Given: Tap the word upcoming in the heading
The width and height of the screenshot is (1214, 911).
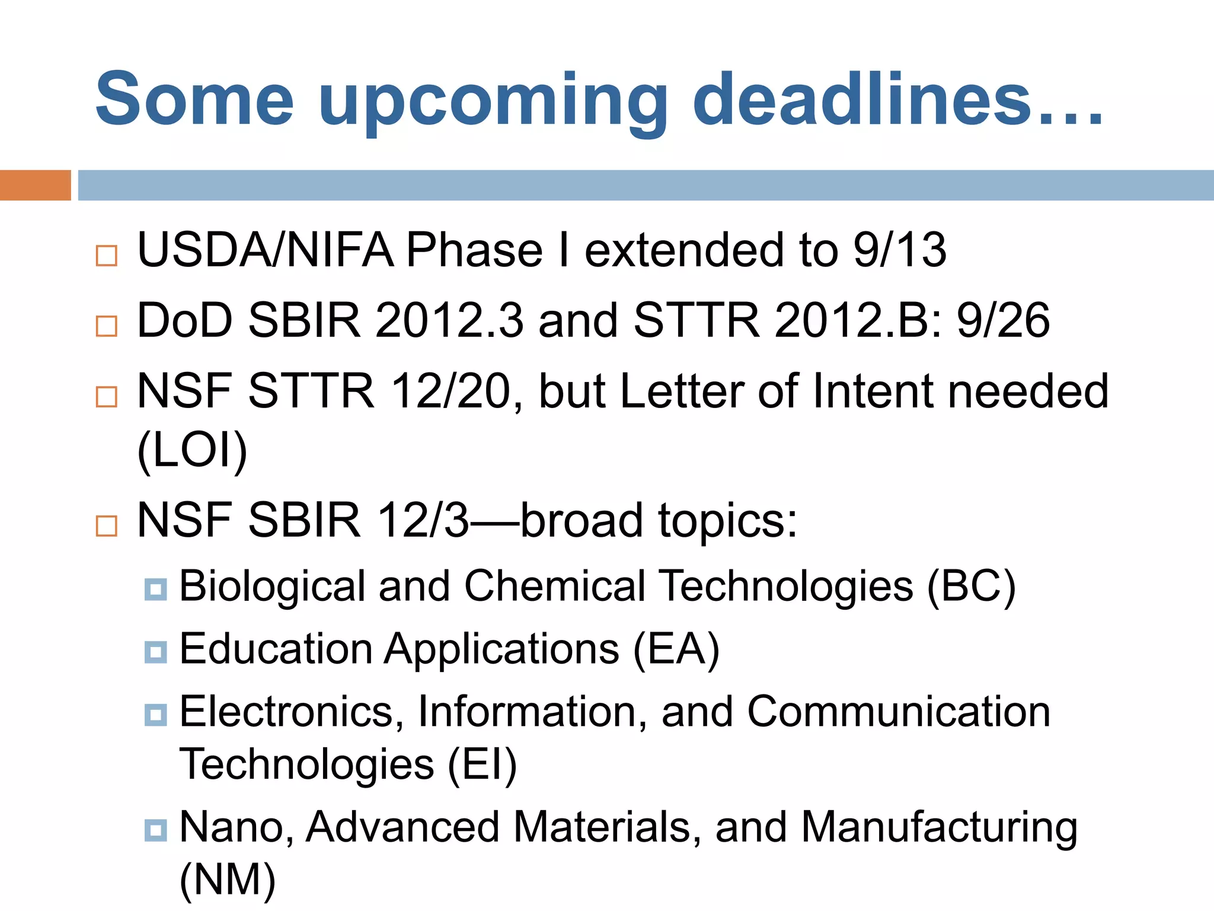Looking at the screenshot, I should coord(493,101).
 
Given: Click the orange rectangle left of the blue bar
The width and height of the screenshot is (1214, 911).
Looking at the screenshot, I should coord(35,185).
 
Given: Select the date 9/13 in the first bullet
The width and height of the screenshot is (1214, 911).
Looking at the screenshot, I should coord(899,250).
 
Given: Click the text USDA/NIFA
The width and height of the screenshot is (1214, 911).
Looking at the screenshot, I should coord(266,250).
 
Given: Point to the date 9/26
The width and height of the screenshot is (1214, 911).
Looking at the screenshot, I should coord(1003,320).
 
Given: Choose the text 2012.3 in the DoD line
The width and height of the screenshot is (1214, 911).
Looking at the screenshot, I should coord(450,320).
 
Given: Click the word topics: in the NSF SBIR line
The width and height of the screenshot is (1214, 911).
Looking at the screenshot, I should coord(728,520).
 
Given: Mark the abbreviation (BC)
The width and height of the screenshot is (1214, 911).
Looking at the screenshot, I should coord(972,587).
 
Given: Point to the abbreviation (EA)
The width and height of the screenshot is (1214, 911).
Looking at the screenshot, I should coord(676,649).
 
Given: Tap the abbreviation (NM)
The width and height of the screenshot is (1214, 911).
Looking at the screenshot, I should coord(228,879).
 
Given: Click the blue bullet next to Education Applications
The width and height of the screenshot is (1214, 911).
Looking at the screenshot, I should coord(155,652).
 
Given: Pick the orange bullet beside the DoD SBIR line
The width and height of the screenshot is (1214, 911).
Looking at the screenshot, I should coord(107,326).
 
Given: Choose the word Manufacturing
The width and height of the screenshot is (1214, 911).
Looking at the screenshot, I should coord(939,828).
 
